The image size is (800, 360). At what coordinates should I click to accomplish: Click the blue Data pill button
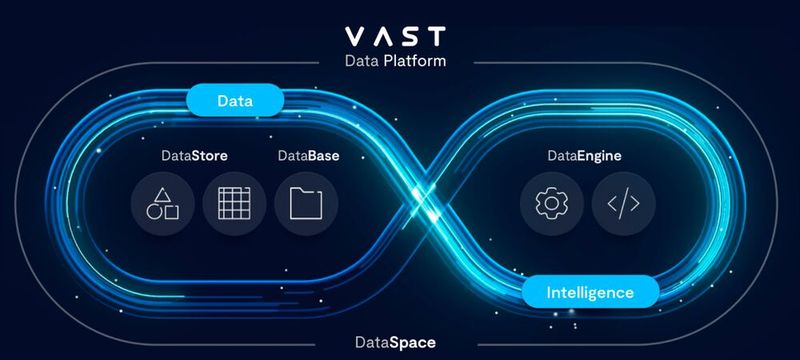tap(235, 100)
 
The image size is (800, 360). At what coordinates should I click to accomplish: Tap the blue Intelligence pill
tap(590, 293)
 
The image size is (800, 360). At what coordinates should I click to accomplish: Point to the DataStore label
tap(194, 157)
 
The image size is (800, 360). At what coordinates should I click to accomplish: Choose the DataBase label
tap(305, 157)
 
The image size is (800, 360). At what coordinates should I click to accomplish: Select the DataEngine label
tap(585, 157)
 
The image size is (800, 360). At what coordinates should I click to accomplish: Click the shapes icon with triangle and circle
tap(162, 205)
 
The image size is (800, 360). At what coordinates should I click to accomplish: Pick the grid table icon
tap(233, 205)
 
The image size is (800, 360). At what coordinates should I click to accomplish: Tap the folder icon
tap(305, 205)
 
